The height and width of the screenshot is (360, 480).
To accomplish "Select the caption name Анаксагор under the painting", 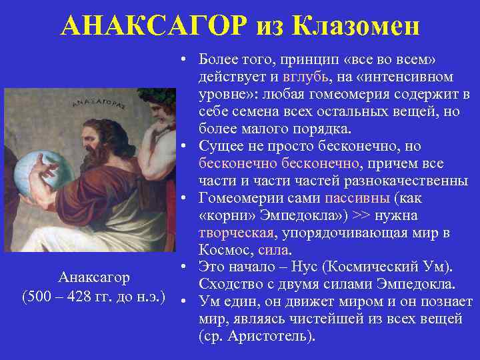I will point(93,277).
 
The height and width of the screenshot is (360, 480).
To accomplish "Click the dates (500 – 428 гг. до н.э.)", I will point(93,295).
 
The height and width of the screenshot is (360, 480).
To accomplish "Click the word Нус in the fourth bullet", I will point(301,268).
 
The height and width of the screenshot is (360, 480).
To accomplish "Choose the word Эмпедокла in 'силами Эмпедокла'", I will point(414,285).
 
